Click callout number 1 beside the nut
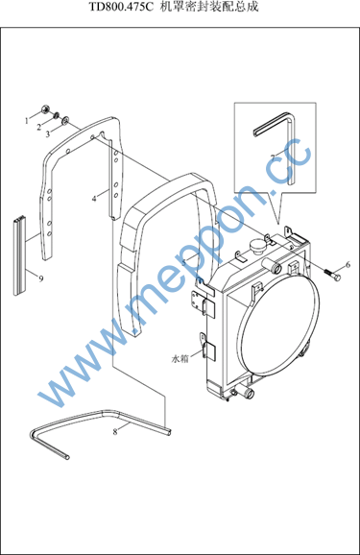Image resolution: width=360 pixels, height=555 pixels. click(27, 121)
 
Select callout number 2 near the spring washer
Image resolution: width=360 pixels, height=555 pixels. click(39, 128)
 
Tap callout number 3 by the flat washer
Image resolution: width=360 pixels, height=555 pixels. click(48, 134)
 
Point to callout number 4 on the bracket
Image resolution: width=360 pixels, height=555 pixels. click(94, 199)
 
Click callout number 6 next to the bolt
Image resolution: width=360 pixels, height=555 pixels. click(348, 264)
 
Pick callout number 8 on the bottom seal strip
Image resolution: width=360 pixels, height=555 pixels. click(115, 432)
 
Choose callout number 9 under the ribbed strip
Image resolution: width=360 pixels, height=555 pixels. click(41, 278)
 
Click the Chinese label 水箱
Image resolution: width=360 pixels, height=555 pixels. click(180, 359)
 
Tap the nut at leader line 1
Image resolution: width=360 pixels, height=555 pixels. click(45, 109)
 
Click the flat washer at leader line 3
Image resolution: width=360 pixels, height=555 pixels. click(65, 121)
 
